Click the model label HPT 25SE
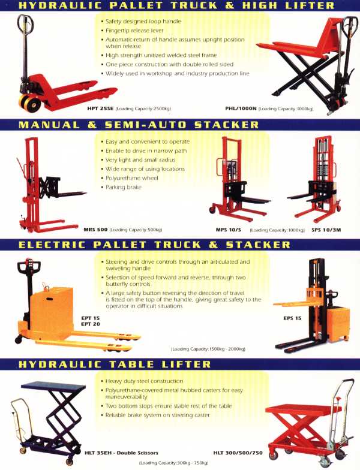(100, 109)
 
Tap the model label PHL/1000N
(241, 109)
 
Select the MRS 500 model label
(95, 230)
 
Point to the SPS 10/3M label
(326, 230)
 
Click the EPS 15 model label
(292, 318)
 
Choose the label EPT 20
(90, 324)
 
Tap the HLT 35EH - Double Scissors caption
(121, 453)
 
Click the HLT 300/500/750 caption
(238, 453)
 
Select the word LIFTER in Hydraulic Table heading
(186, 364)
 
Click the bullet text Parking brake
(124, 187)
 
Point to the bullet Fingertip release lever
(134, 31)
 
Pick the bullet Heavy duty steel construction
(144, 381)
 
